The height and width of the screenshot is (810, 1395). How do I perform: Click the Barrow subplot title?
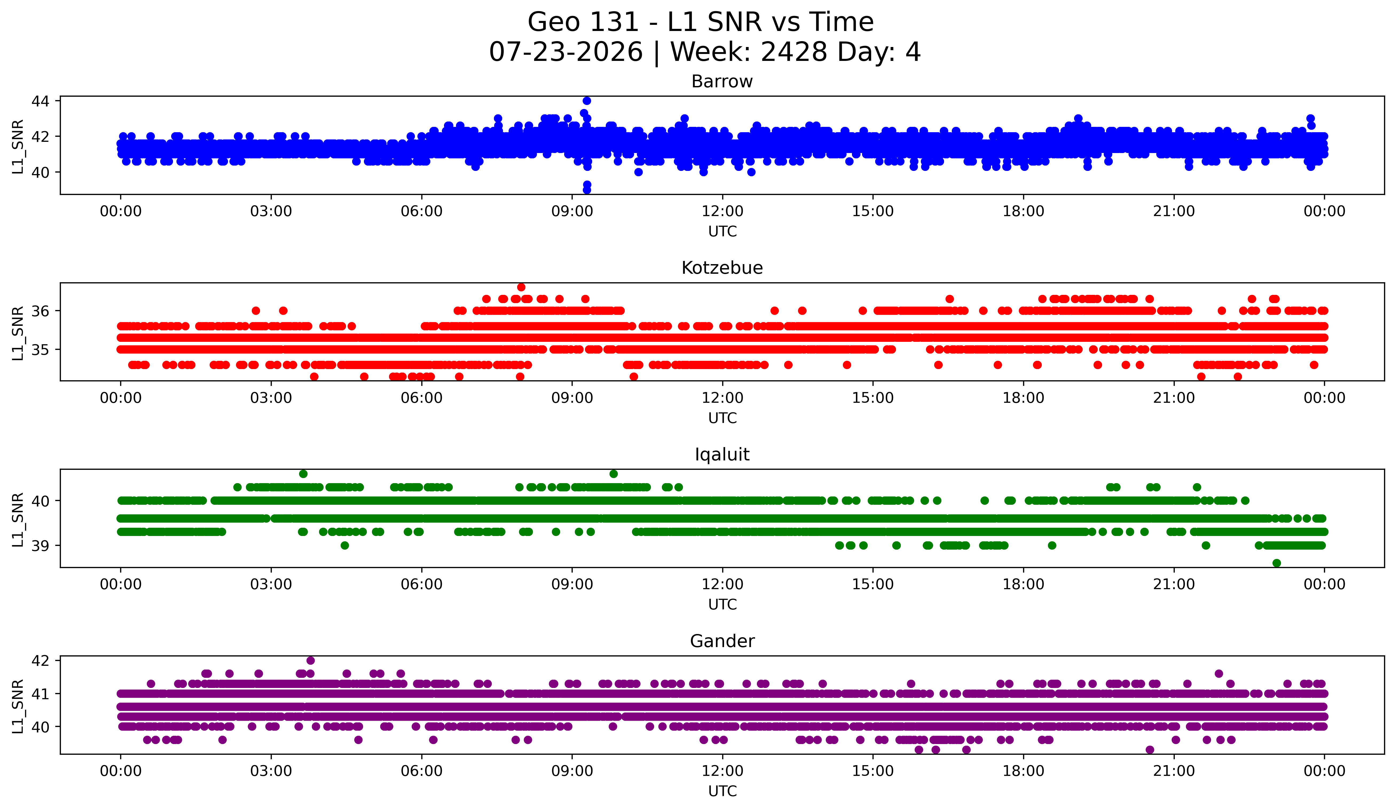[722, 81]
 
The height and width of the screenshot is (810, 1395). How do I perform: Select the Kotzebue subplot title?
[722, 268]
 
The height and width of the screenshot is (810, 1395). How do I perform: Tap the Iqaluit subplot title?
[722, 455]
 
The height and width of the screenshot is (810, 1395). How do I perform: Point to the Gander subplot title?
[722, 641]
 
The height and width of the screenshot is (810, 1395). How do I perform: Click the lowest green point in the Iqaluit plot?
[1276, 563]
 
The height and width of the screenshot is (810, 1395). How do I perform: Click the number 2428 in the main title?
[793, 52]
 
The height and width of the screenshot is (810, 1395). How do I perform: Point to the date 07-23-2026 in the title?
[566, 52]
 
